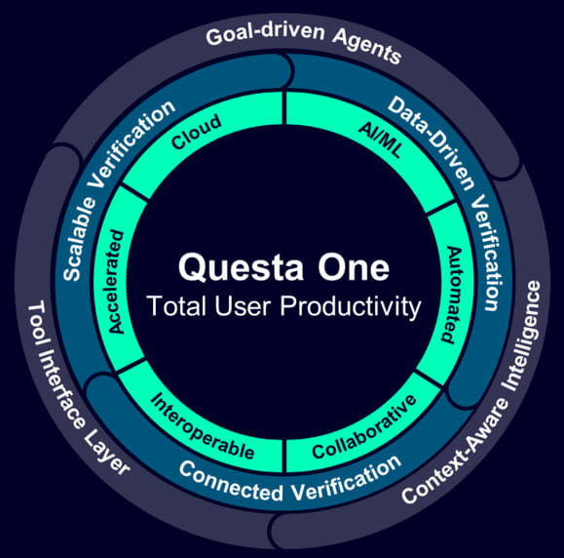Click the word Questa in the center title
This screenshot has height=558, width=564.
(241, 268)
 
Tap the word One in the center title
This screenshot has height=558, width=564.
(354, 267)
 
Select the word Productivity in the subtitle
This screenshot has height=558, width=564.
(351, 307)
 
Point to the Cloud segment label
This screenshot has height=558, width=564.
(197, 132)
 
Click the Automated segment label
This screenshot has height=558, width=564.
(452, 295)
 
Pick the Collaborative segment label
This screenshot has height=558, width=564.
(364, 427)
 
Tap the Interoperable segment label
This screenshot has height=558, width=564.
(203, 426)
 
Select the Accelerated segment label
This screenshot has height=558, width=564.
(116, 282)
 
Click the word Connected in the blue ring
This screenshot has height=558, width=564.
(231, 482)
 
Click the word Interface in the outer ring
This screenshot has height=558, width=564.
(62, 390)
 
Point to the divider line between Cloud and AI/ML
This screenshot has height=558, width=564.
(284, 108)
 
